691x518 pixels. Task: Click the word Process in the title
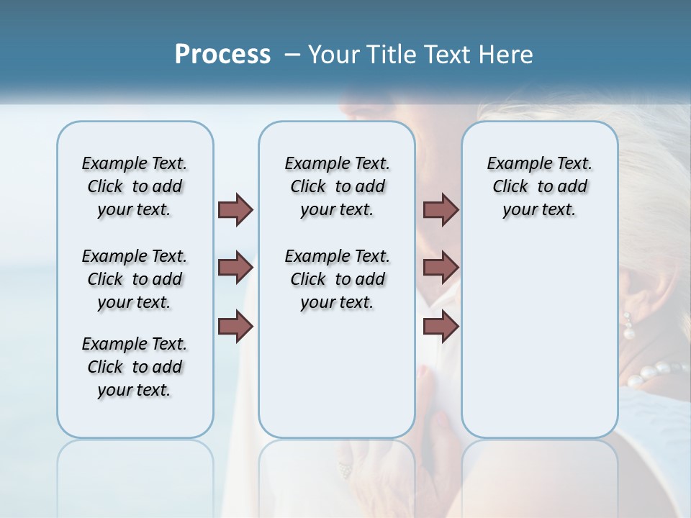pos(222,55)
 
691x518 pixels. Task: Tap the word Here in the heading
pos(507,55)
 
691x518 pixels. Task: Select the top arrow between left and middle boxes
pos(235,209)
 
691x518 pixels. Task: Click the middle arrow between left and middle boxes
pos(235,268)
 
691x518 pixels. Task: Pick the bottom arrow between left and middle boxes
pos(235,327)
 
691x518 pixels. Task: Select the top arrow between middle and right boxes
pos(441,209)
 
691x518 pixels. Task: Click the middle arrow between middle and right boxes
pos(441,268)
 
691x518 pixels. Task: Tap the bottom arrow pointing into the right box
pos(441,327)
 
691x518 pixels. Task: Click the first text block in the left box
pos(135,186)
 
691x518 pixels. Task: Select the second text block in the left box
pos(135,279)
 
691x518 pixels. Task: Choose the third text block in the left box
pos(135,367)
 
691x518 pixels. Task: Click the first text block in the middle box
pos(337,186)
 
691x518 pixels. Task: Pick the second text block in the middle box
pos(337,279)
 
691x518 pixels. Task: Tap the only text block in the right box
pos(539,186)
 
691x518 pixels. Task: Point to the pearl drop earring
pos(628,327)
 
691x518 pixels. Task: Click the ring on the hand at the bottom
pos(345,470)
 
